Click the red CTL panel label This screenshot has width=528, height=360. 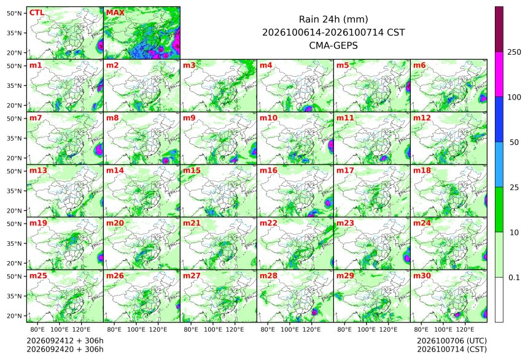click(x=37, y=13)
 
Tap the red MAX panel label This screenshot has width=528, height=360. click(x=115, y=13)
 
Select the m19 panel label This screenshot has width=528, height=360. click(x=38, y=223)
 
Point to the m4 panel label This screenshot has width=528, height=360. click(x=266, y=65)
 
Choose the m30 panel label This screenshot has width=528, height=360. click(x=422, y=276)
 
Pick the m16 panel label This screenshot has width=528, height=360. click(x=268, y=171)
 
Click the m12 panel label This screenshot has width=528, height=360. click(x=422, y=118)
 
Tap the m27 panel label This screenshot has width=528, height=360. click(x=192, y=276)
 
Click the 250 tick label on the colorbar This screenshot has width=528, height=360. click(x=514, y=52)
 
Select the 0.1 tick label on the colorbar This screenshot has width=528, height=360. click(x=514, y=278)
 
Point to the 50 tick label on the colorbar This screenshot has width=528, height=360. click(x=514, y=143)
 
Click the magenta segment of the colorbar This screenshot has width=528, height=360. click(x=499, y=74)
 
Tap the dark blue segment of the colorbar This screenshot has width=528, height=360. click(x=499, y=119)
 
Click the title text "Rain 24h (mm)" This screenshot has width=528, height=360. click(x=333, y=20)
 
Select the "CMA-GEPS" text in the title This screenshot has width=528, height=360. click(x=333, y=45)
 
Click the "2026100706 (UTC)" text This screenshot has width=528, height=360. click(x=452, y=341)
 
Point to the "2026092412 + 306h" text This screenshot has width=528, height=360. click(x=65, y=341)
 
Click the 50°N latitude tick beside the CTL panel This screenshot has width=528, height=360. click(x=14, y=13)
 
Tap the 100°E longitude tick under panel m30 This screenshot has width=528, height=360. click(x=443, y=329)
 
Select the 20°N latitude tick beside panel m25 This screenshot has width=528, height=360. click(x=14, y=316)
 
